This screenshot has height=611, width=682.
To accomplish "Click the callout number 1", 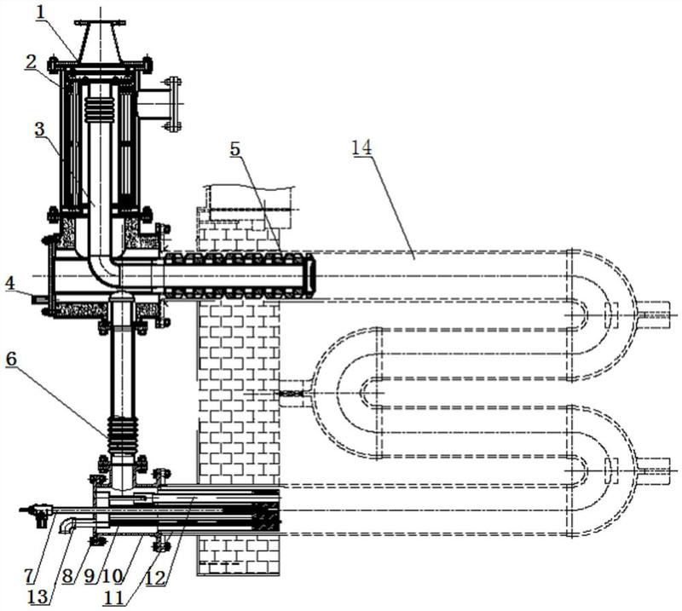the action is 41,11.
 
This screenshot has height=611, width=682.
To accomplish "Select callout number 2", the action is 31,62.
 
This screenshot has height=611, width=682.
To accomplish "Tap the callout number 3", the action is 39,130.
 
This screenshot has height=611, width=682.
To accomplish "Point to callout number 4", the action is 11,284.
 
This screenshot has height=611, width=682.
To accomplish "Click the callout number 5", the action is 235,149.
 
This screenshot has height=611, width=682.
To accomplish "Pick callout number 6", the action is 11,359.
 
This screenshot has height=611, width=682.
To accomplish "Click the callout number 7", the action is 29,576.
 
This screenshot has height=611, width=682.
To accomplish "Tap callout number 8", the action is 67,576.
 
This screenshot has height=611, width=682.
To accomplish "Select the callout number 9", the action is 90,576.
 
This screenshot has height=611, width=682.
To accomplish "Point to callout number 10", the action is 112,576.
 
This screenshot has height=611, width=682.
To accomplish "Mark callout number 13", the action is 38,597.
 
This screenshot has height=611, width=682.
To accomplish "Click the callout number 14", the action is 361,147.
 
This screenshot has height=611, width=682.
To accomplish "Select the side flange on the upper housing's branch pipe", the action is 174,104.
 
